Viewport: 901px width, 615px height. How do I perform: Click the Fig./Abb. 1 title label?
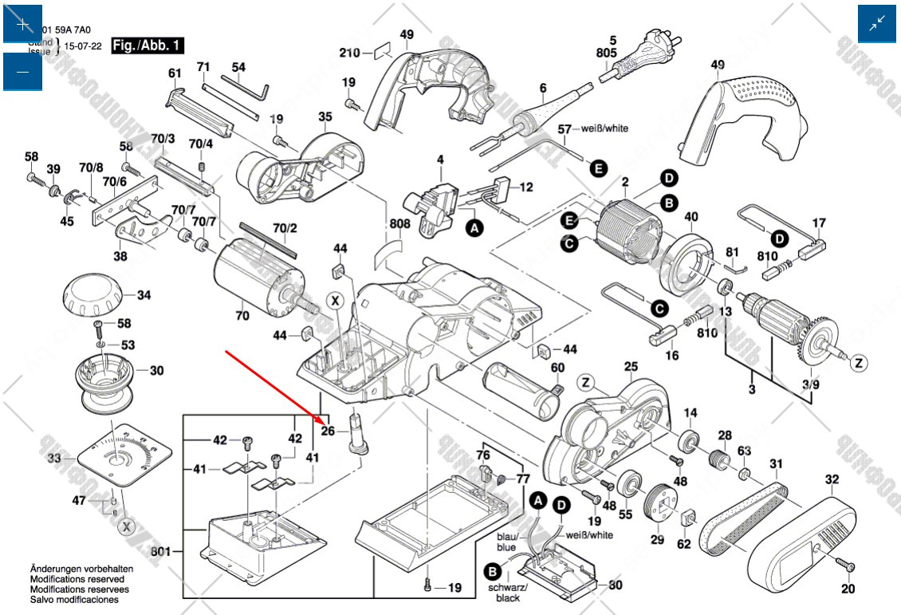click(x=148, y=45)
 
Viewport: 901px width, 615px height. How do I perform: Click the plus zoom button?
click(x=23, y=24)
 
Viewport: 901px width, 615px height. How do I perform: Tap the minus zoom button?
click(x=23, y=72)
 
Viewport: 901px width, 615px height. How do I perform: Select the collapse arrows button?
click(x=876, y=24)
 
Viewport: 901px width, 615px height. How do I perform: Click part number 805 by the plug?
click(x=607, y=53)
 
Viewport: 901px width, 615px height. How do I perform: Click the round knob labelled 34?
click(x=89, y=297)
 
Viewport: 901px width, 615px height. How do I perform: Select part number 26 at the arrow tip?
click(x=328, y=432)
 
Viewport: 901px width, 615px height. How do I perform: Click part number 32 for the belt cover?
click(x=832, y=480)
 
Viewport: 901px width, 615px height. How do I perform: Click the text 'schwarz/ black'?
click(x=507, y=593)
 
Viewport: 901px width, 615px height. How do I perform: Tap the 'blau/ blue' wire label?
click(x=507, y=542)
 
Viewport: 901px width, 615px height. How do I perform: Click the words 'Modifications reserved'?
click(x=77, y=579)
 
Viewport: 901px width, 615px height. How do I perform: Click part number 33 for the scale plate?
click(x=53, y=459)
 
